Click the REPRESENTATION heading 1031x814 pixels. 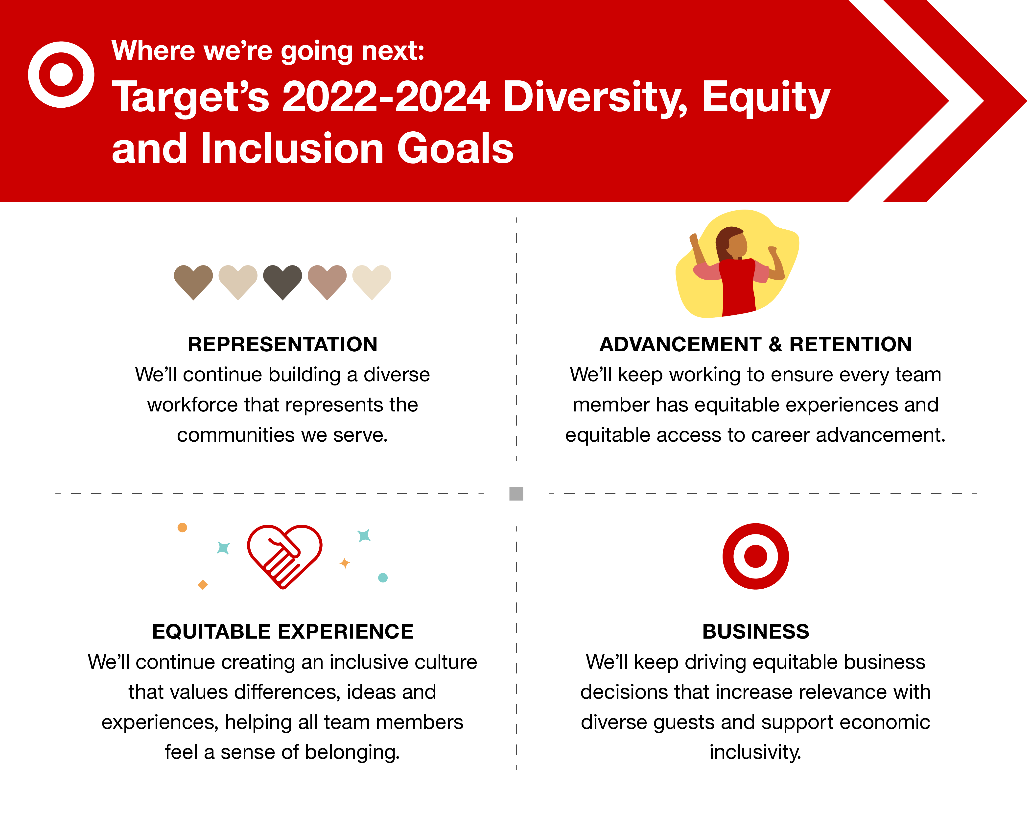282,344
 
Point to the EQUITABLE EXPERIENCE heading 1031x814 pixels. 282,631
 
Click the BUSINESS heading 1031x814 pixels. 756,631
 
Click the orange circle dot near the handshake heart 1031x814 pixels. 182,527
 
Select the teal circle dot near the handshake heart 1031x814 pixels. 383,578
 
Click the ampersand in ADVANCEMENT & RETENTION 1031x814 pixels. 776,344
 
